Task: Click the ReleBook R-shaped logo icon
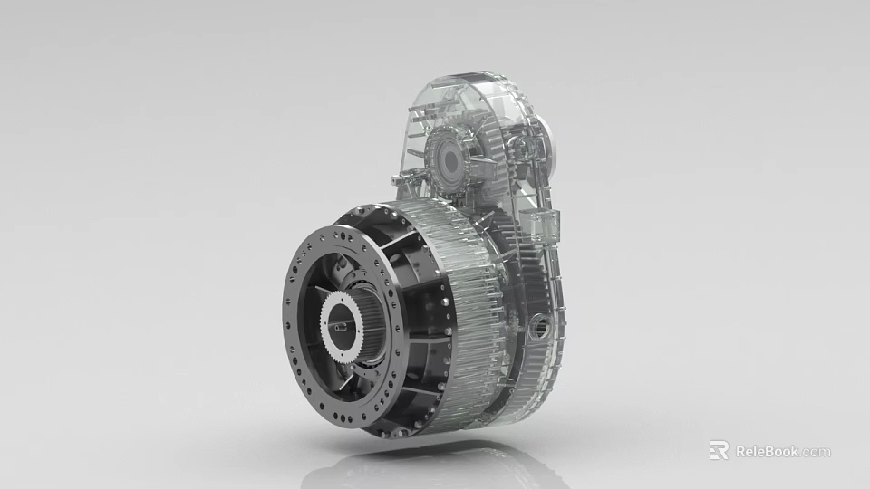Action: tap(719, 450)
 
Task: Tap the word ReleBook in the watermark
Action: tap(767, 451)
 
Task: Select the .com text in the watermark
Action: tap(816, 452)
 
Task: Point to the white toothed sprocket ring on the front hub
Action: tap(329, 308)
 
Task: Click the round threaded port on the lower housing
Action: tap(541, 324)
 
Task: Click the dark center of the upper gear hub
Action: tap(447, 161)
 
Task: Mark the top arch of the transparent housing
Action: tap(462, 86)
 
